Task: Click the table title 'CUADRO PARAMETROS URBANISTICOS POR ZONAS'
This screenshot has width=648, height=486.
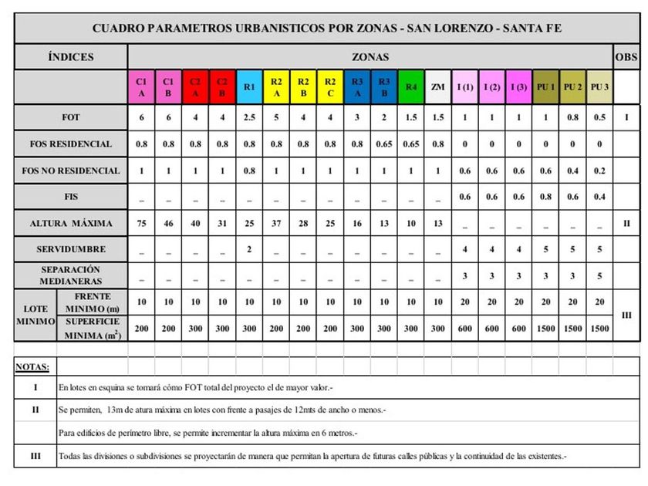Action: pos(327,29)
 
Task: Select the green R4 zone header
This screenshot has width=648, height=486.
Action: pos(410,87)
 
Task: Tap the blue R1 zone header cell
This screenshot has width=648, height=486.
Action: pos(249,87)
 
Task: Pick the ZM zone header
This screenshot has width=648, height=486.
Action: pos(437,87)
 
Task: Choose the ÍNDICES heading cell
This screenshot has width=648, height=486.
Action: pos(71,57)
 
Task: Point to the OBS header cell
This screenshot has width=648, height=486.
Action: pos(626,57)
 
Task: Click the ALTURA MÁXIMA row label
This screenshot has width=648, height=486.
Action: pos(71,224)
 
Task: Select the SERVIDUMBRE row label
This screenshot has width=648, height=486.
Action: pos(71,250)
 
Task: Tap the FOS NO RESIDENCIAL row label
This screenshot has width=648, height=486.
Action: pos(71,170)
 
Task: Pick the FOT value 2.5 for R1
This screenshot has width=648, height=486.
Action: pos(249,117)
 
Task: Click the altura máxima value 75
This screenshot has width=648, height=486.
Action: pos(141,224)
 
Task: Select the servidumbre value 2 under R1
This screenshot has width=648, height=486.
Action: pos(249,250)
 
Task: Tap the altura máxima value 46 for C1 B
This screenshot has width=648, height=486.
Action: pos(168,224)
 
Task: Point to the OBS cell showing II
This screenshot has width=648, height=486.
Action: pos(626,224)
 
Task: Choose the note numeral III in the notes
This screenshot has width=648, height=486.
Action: pos(35,456)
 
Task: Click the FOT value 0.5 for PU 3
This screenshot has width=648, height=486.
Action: pos(599,117)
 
